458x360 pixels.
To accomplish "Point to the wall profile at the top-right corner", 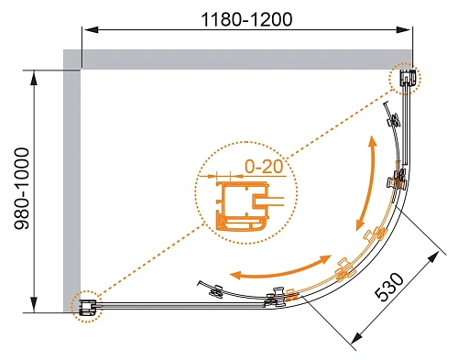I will tap(408, 79).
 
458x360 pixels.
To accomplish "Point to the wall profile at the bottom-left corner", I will tap(86, 305).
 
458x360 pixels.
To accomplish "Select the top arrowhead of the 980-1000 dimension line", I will tap(36, 73).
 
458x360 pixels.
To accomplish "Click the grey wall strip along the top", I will tap(238, 59).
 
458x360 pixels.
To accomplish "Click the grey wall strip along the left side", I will tap(71, 183).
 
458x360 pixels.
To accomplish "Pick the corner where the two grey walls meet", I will tap(71, 59).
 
